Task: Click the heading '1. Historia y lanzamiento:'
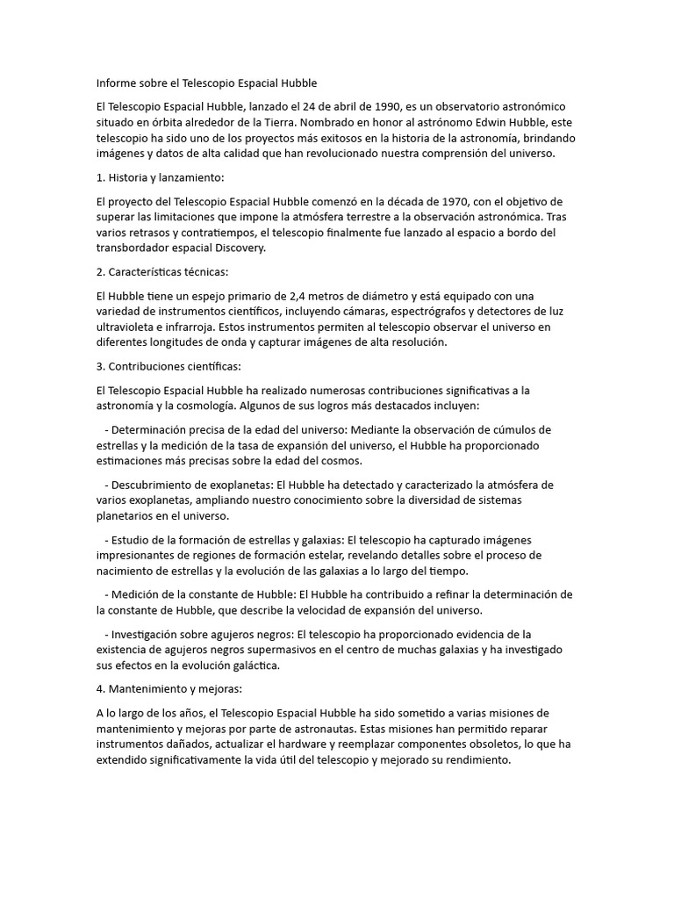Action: click(160, 177)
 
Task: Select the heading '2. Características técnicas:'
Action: click(162, 272)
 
